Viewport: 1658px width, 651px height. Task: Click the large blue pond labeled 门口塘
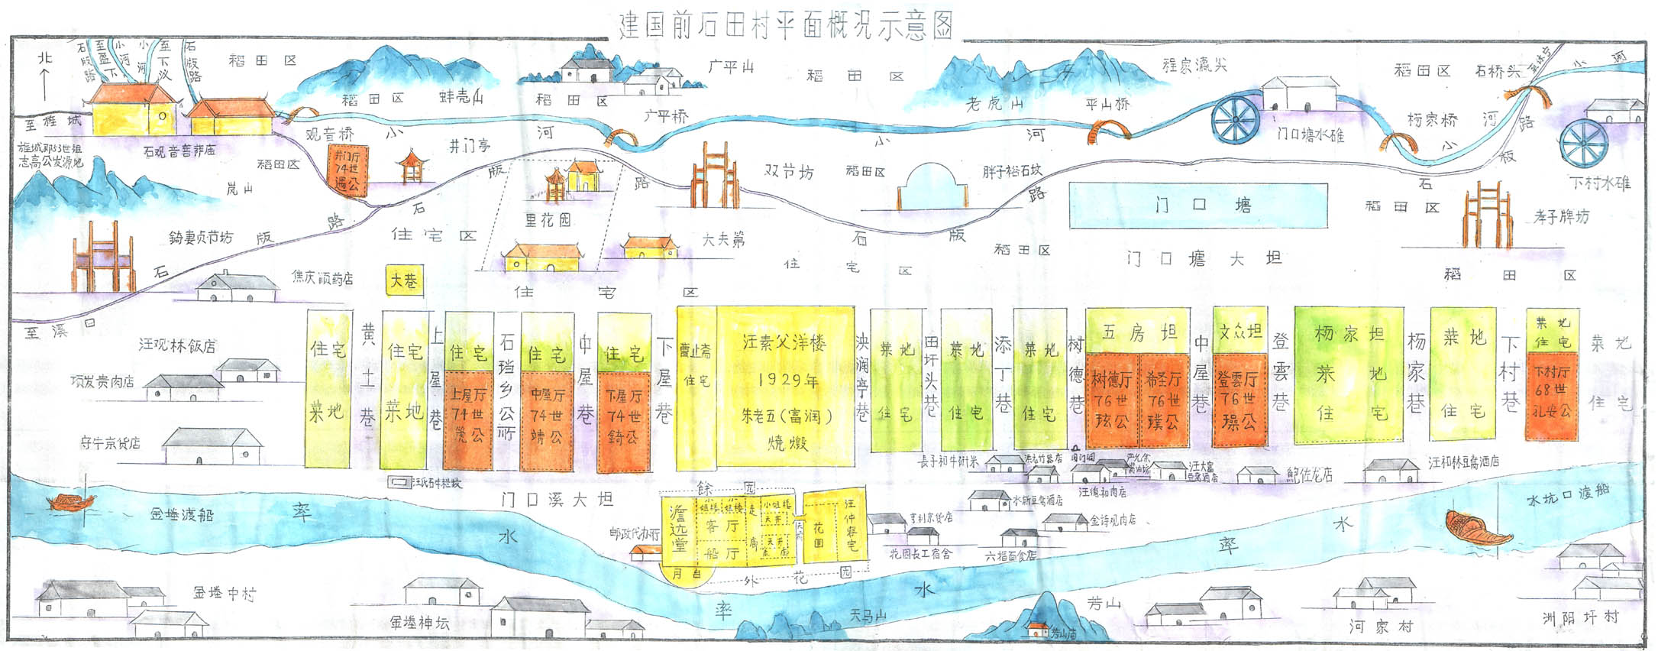[x=1197, y=205]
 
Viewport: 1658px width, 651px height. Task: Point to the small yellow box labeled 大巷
[x=403, y=281]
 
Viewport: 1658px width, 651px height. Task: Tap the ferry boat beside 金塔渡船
[x=72, y=501]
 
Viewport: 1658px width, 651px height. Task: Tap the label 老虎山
[x=994, y=103]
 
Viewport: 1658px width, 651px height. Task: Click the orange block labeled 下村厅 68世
[x=1552, y=400]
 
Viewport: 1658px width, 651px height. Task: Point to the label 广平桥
[x=665, y=116]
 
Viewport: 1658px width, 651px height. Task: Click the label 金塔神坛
[x=419, y=623]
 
